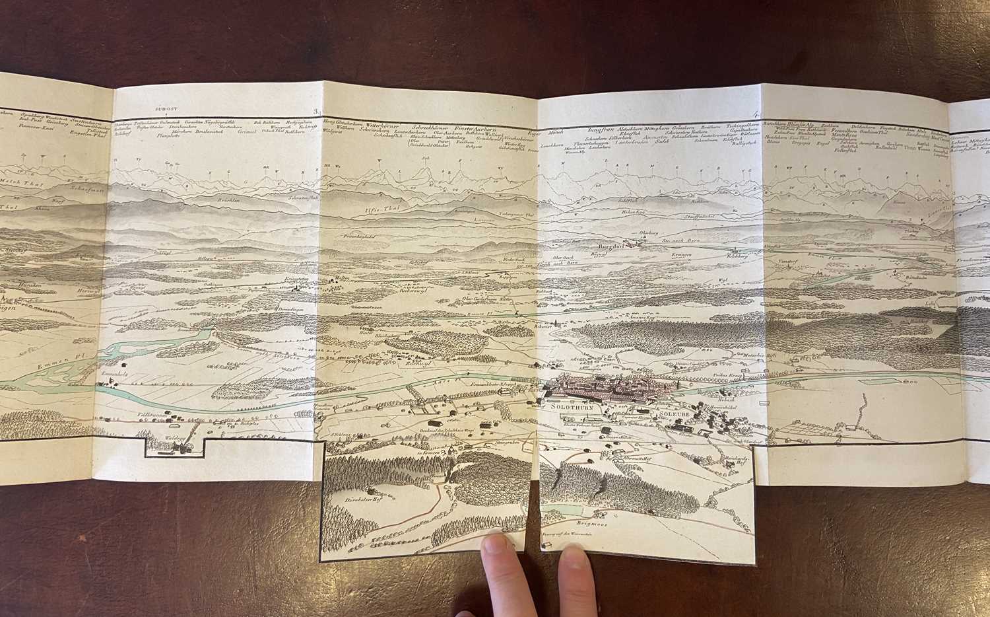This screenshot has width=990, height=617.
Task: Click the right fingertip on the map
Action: (x=573, y=560)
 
